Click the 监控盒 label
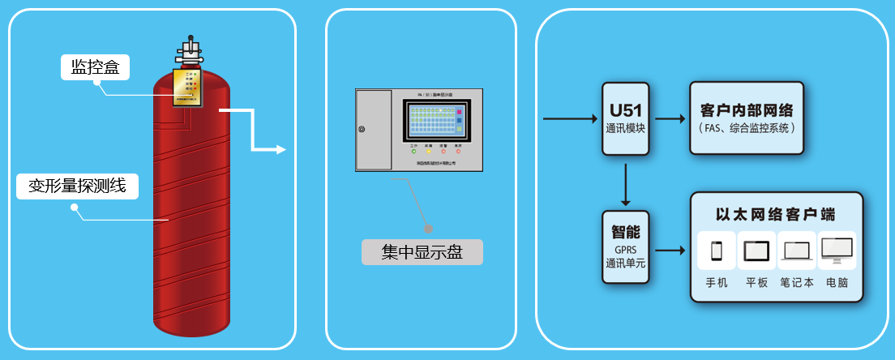pos(96,67)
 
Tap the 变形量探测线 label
pos(77,186)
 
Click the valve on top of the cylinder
pos(191,53)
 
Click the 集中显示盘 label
pos(422,252)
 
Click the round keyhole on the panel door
pos(362,130)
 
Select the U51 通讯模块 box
pos(625,119)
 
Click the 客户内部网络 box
pos(747,118)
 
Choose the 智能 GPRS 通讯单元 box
pos(625,246)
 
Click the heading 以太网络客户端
pos(775,215)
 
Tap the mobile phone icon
pos(717,251)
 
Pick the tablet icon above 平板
pos(756,251)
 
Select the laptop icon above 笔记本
pos(796,251)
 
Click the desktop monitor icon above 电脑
pos(837,251)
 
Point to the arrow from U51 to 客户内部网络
pos(669,119)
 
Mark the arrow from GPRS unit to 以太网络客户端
pos(670,251)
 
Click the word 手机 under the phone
pos(717,283)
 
